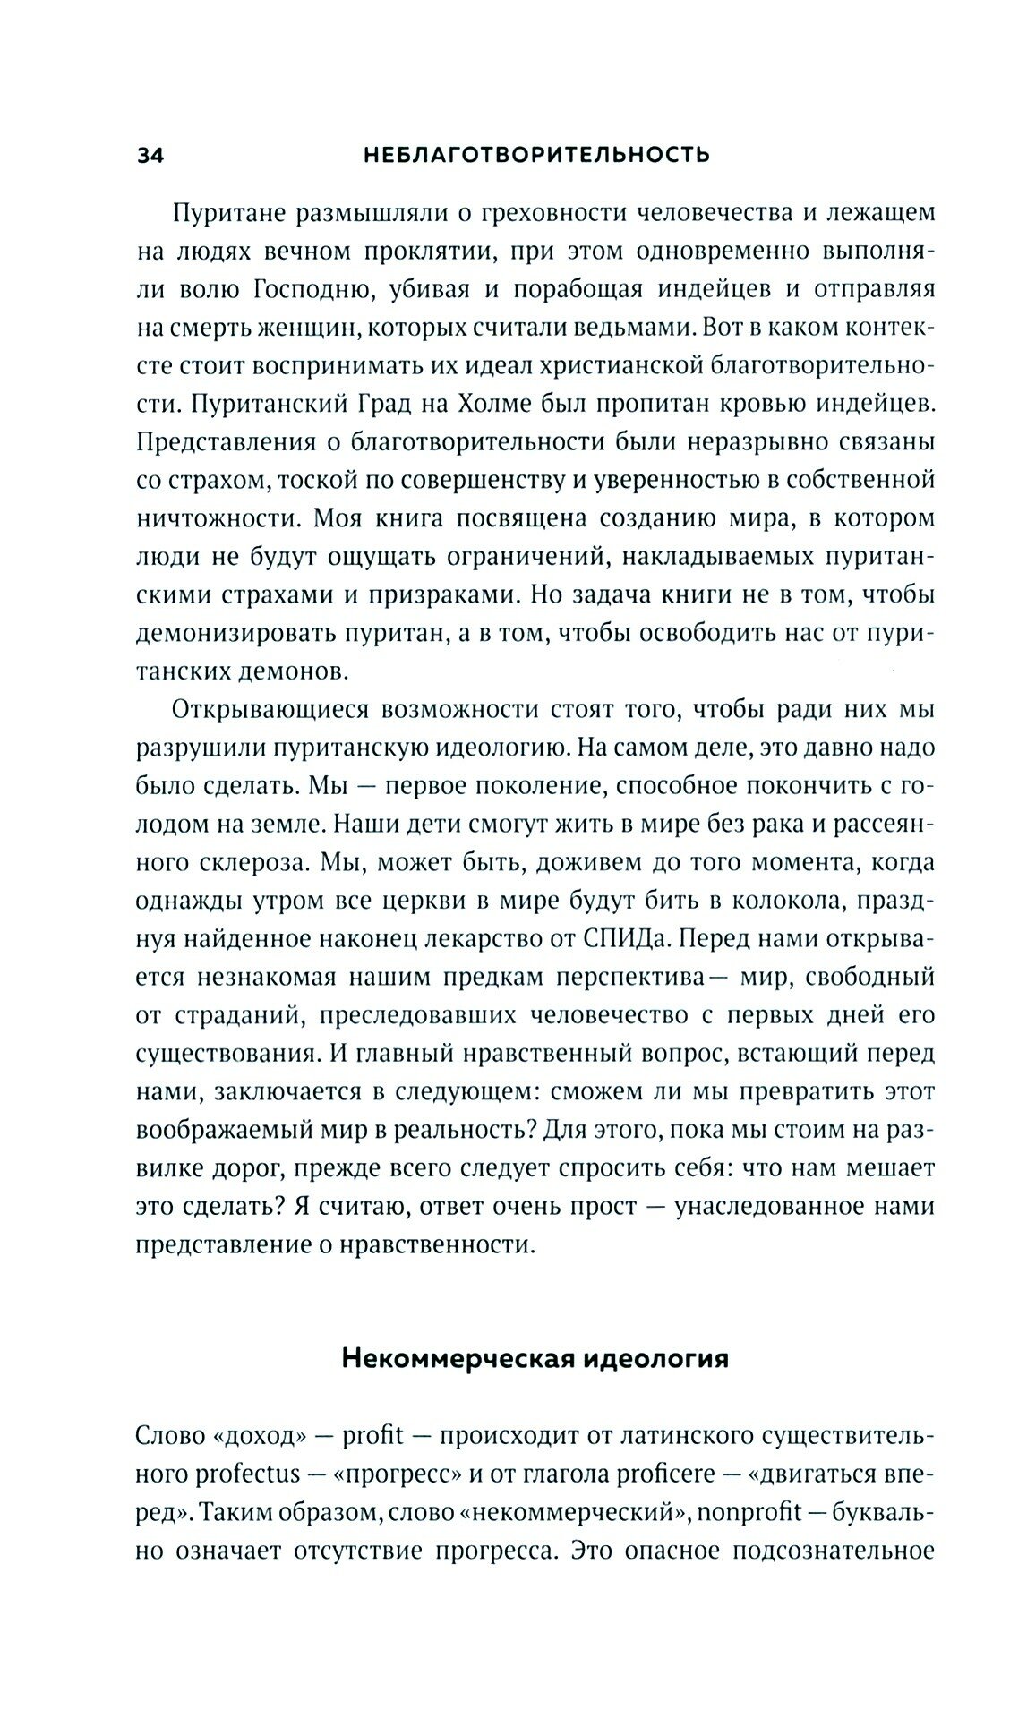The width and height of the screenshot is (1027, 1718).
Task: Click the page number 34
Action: coord(150,156)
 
